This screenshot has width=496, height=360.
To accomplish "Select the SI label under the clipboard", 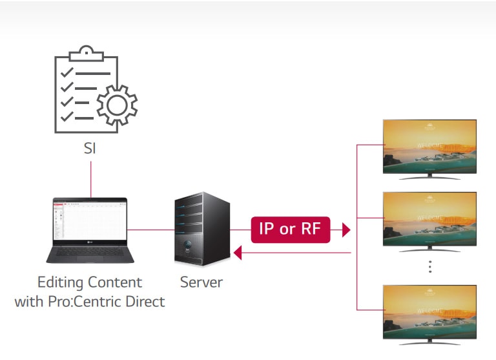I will tap(90, 149).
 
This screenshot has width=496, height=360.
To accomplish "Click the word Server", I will tap(201, 282).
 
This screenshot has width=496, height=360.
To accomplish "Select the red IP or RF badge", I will tap(290, 229).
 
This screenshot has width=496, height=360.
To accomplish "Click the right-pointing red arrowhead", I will tap(346, 229).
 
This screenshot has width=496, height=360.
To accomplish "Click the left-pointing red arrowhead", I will tap(238, 253).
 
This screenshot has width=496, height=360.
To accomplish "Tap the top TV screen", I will tap(429, 145).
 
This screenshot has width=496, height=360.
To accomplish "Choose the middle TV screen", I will tap(429, 217).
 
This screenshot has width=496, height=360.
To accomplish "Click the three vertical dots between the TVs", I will tap(429, 267).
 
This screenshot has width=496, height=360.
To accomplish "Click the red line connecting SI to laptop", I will tap(91, 179).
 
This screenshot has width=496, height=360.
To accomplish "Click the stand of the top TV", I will tap(429, 175).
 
